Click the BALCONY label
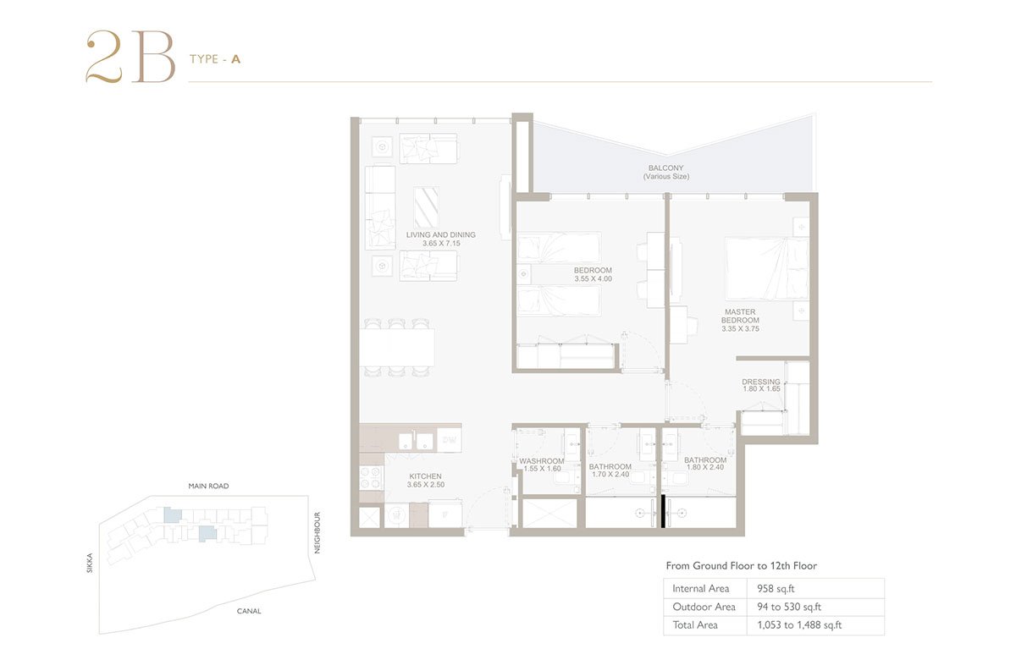click(x=665, y=168)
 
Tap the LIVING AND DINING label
click(x=441, y=235)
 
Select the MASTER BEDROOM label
click(x=740, y=316)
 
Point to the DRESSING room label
click(x=761, y=382)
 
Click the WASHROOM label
click(x=542, y=461)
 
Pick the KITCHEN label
click(x=425, y=476)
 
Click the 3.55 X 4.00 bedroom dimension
click(x=594, y=279)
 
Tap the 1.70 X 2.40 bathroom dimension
click(x=610, y=474)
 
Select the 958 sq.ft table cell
click(x=776, y=588)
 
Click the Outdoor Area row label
click(x=704, y=607)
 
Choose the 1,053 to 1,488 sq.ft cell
click(x=799, y=624)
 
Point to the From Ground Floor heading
click(x=741, y=565)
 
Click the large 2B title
click(x=130, y=57)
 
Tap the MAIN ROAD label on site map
click(x=208, y=486)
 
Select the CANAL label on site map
click(x=249, y=611)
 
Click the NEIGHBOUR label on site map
click(x=317, y=533)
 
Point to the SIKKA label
click(x=90, y=563)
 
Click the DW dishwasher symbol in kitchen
click(x=449, y=440)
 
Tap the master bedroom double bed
click(x=767, y=269)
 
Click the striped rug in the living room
click(x=426, y=206)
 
